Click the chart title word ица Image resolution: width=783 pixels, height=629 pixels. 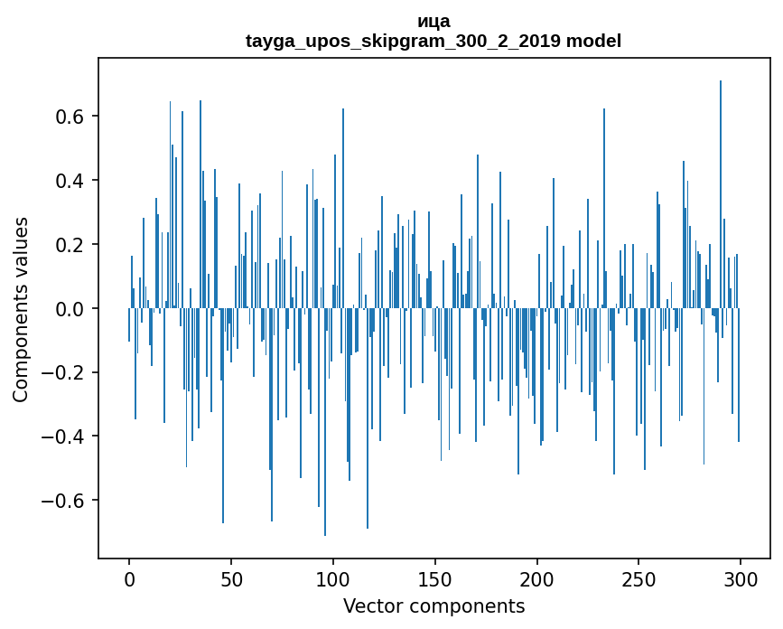(x=433, y=21)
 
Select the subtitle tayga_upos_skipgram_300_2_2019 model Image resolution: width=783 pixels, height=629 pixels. (x=433, y=41)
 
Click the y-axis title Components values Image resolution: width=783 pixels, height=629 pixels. (x=21, y=309)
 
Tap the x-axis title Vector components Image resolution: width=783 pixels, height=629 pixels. (x=433, y=606)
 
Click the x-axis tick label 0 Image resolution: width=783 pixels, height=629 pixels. (x=129, y=578)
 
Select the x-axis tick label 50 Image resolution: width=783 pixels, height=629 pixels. (x=231, y=578)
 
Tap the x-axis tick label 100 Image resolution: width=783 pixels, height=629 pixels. (x=333, y=578)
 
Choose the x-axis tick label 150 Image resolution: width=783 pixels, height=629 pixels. (x=435, y=578)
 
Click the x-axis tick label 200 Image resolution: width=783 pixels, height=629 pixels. (x=537, y=578)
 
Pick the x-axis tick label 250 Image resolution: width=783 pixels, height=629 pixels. (x=639, y=578)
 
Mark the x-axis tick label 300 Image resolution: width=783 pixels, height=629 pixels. (x=741, y=578)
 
